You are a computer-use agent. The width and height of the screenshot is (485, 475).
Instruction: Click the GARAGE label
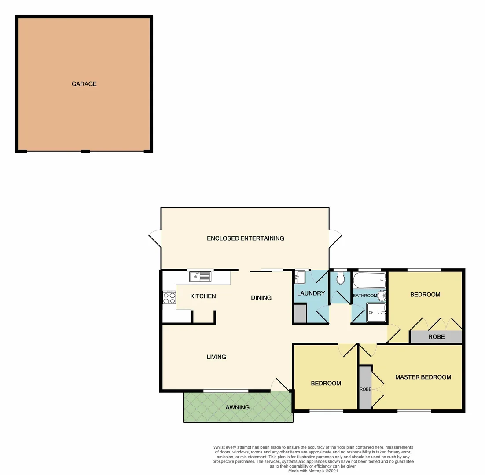(84, 84)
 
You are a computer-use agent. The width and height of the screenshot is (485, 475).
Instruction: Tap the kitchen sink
(200, 277)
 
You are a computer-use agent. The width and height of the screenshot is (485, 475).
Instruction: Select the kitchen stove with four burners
(169, 298)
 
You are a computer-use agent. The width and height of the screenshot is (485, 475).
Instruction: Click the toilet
(340, 278)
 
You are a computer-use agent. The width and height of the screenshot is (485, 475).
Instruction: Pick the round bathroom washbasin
(382, 296)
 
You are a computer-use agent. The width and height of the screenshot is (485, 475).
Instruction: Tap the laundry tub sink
(301, 277)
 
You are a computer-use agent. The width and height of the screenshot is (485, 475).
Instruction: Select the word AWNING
(238, 407)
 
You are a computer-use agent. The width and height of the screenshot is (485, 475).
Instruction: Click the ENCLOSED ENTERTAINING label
(246, 238)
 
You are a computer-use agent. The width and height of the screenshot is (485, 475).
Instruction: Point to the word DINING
(261, 298)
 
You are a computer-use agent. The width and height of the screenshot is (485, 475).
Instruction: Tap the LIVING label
(217, 357)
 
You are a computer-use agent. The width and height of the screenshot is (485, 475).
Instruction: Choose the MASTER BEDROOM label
(423, 377)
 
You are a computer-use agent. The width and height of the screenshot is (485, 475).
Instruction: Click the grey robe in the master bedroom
(365, 389)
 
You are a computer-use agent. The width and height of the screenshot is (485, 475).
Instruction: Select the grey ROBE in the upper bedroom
(436, 337)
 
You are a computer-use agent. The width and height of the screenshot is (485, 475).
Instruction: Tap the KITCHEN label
(203, 296)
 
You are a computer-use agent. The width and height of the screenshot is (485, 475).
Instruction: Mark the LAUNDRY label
(311, 293)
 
